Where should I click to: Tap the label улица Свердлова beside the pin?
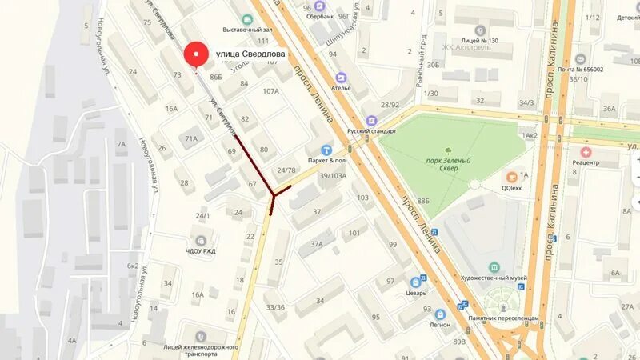point(250,54)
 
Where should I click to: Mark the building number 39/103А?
point(333,176)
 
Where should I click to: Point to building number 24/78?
point(286,170)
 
